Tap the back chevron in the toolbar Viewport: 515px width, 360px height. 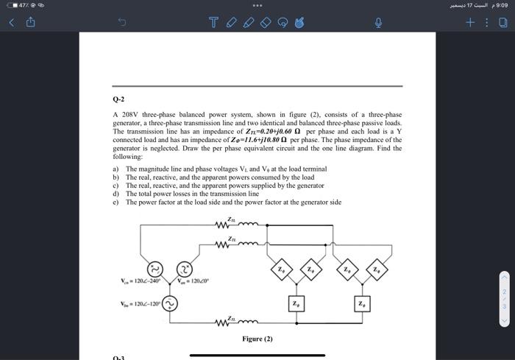(12, 23)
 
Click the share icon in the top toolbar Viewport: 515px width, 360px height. (32, 23)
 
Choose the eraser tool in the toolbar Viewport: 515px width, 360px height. (266, 23)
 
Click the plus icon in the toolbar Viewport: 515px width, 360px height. (469, 23)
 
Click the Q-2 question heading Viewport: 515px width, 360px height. (118, 98)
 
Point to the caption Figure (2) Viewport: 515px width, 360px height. (257, 339)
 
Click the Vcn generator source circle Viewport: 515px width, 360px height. (154, 269)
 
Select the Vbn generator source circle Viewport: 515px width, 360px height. (169, 304)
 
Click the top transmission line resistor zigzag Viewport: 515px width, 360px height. (223, 224)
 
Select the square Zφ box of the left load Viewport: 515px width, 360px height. (295, 303)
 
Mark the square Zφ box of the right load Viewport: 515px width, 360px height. (360, 303)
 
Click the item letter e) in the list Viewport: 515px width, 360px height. (116, 202)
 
